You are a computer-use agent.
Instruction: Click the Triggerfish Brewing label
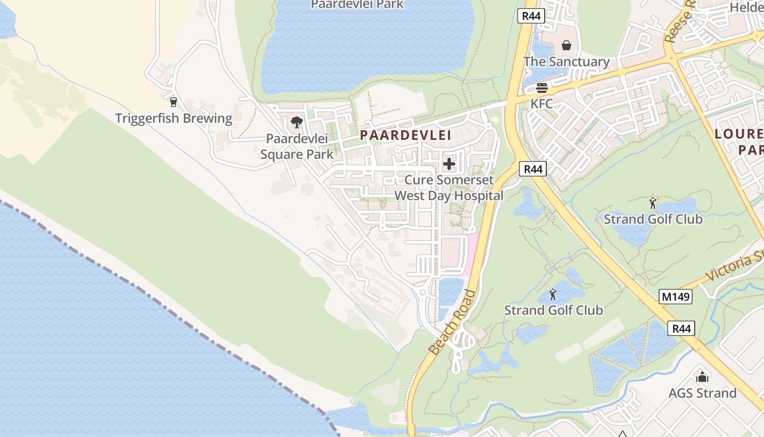(x=174, y=118)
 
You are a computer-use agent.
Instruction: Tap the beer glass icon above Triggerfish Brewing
(x=174, y=102)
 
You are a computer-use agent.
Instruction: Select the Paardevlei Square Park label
(x=297, y=146)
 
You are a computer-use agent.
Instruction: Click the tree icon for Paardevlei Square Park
(x=297, y=122)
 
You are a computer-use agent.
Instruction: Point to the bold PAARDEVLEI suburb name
(x=405, y=135)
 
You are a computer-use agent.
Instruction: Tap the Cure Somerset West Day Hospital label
(x=449, y=187)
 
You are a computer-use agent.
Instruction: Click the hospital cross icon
(x=449, y=163)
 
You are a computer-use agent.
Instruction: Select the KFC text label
(x=542, y=103)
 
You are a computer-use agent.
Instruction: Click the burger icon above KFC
(x=542, y=87)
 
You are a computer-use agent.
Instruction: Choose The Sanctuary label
(x=566, y=62)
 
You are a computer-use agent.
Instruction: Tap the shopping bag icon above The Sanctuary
(x=566, y=45)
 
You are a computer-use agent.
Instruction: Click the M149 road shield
(x=676, y=297)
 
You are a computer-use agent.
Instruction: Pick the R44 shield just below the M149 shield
(x=682, y=328)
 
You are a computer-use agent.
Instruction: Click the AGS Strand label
(x=702, y=393)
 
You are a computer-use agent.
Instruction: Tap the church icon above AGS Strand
(x=702, y=376)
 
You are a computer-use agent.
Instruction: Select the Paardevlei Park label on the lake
(x=357, y=4)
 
